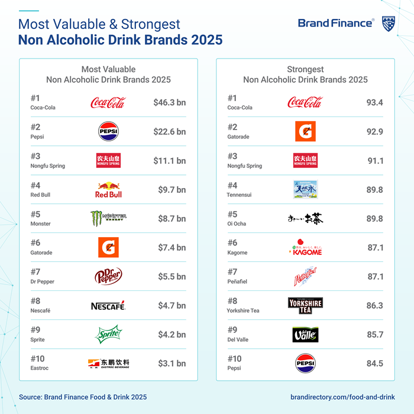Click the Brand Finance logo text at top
335,23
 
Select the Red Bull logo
108,190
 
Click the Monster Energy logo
108,219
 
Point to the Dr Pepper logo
108,276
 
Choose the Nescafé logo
108,306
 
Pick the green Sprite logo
108,334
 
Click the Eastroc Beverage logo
108,364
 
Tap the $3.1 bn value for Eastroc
172,364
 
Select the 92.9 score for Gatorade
374,132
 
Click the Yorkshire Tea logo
305,306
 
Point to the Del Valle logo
305,335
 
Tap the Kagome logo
305,248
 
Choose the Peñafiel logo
305,277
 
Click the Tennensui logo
305,190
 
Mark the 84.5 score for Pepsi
374,364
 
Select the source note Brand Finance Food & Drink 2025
83,397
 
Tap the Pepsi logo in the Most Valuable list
108,132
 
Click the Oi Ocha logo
305,219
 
